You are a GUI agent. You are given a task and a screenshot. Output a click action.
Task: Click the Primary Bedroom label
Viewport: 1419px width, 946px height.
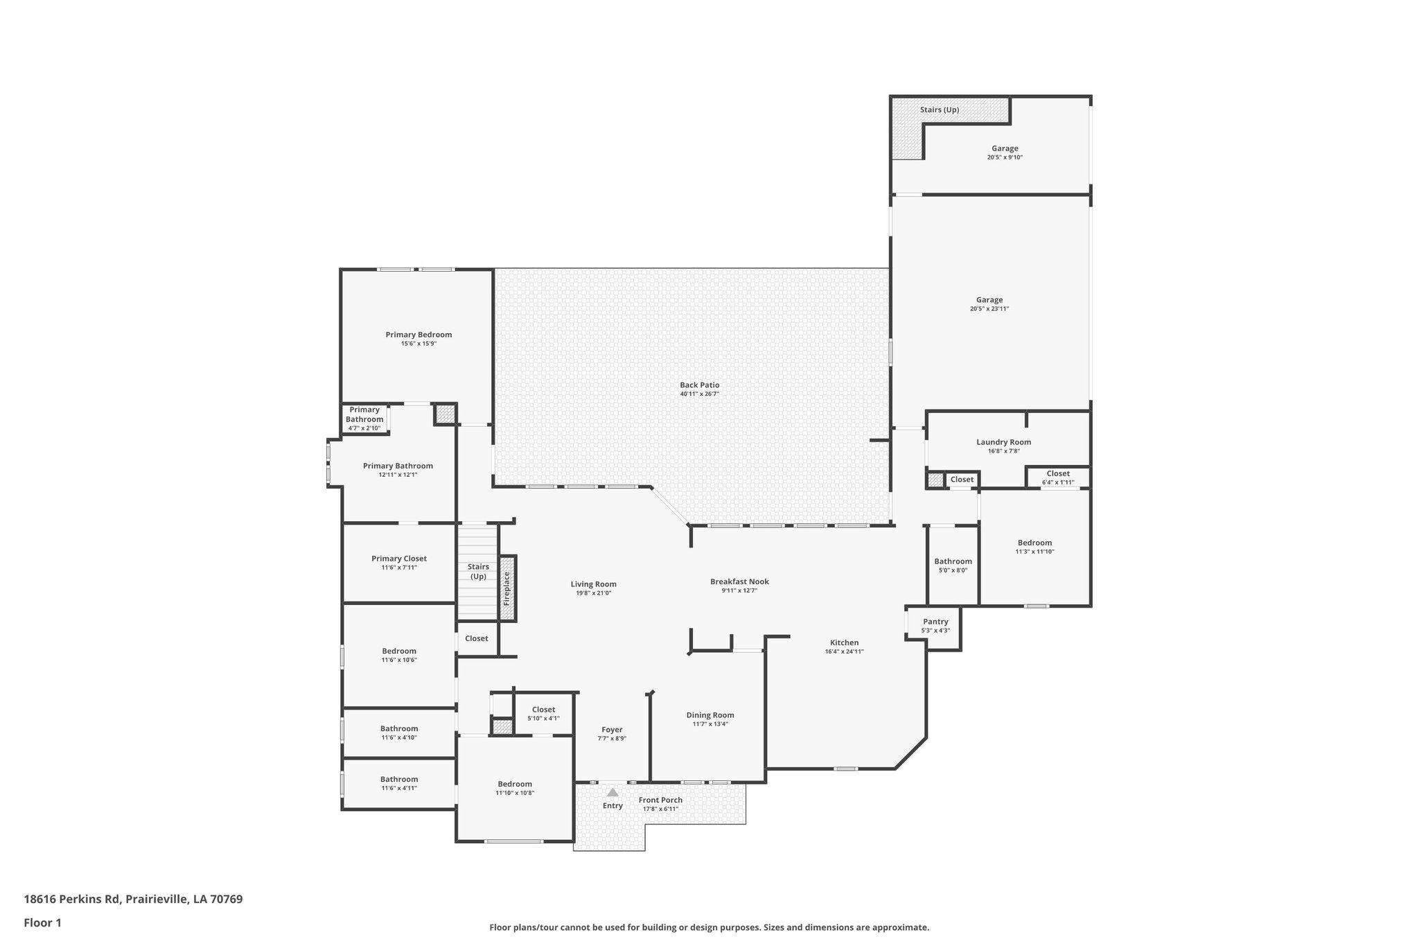pos(418,335)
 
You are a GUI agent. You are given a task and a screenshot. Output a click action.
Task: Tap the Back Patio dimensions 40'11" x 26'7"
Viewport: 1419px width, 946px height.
pos(699,394)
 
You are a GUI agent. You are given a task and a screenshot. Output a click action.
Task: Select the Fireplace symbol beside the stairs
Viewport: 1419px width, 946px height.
pos(507,588)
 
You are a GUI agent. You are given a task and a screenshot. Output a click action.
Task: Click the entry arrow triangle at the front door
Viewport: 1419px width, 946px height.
pos(612,792)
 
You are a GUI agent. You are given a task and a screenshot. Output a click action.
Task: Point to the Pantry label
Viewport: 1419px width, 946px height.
pos(935,622)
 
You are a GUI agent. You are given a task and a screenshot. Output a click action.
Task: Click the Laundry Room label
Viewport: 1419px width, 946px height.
pos(1003,442)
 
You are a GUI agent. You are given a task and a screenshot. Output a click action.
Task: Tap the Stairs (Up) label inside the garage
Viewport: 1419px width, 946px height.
pos(939,110)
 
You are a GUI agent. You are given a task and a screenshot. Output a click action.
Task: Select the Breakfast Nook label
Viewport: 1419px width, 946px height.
pos(739,581)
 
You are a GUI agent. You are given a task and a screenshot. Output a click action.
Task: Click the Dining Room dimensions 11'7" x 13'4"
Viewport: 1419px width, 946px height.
pos(710,724)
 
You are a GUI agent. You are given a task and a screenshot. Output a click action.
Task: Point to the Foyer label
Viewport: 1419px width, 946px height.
pos(612,730)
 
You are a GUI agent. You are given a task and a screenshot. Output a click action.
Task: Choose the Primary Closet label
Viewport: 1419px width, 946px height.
pos(399,559)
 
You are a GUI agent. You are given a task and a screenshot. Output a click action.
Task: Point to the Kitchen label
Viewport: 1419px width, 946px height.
pos(844,642)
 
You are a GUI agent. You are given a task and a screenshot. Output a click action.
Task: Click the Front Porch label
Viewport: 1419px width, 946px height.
pos(660,800)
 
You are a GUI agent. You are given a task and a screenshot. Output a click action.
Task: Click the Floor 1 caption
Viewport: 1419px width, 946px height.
pos(43,922)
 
